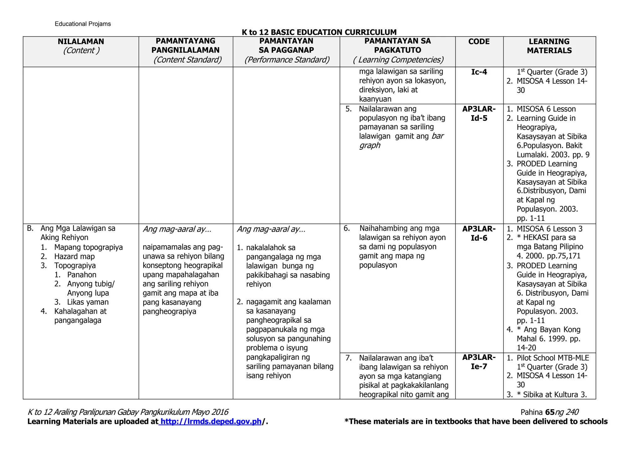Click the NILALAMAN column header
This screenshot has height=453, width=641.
[x=81, y=42]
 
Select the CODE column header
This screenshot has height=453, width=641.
[x=479, y=42]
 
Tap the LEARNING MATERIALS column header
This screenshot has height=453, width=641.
[x=549, y=46]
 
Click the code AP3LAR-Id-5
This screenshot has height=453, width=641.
[x=479, y=114]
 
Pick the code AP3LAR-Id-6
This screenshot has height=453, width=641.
[x=479, y=233]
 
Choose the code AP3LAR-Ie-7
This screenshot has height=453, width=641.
[x=479, y=362]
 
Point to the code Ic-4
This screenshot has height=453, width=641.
[x=479, y=72]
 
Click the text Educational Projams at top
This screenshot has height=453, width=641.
[x=83, y=24]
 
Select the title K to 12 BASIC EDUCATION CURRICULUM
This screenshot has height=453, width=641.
[x=319, y=32]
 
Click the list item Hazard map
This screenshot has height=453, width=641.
[x=74, y=257]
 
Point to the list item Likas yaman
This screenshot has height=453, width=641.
[x=88, y=302]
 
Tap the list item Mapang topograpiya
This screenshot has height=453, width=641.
[x=88, y=247]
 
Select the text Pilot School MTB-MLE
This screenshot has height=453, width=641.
[x=553, y=358]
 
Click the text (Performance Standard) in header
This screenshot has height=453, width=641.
[x=287, y=60]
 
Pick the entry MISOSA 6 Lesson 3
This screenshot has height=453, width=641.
[x=549, y=229]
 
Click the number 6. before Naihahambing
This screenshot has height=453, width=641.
[x=346, y=228]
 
